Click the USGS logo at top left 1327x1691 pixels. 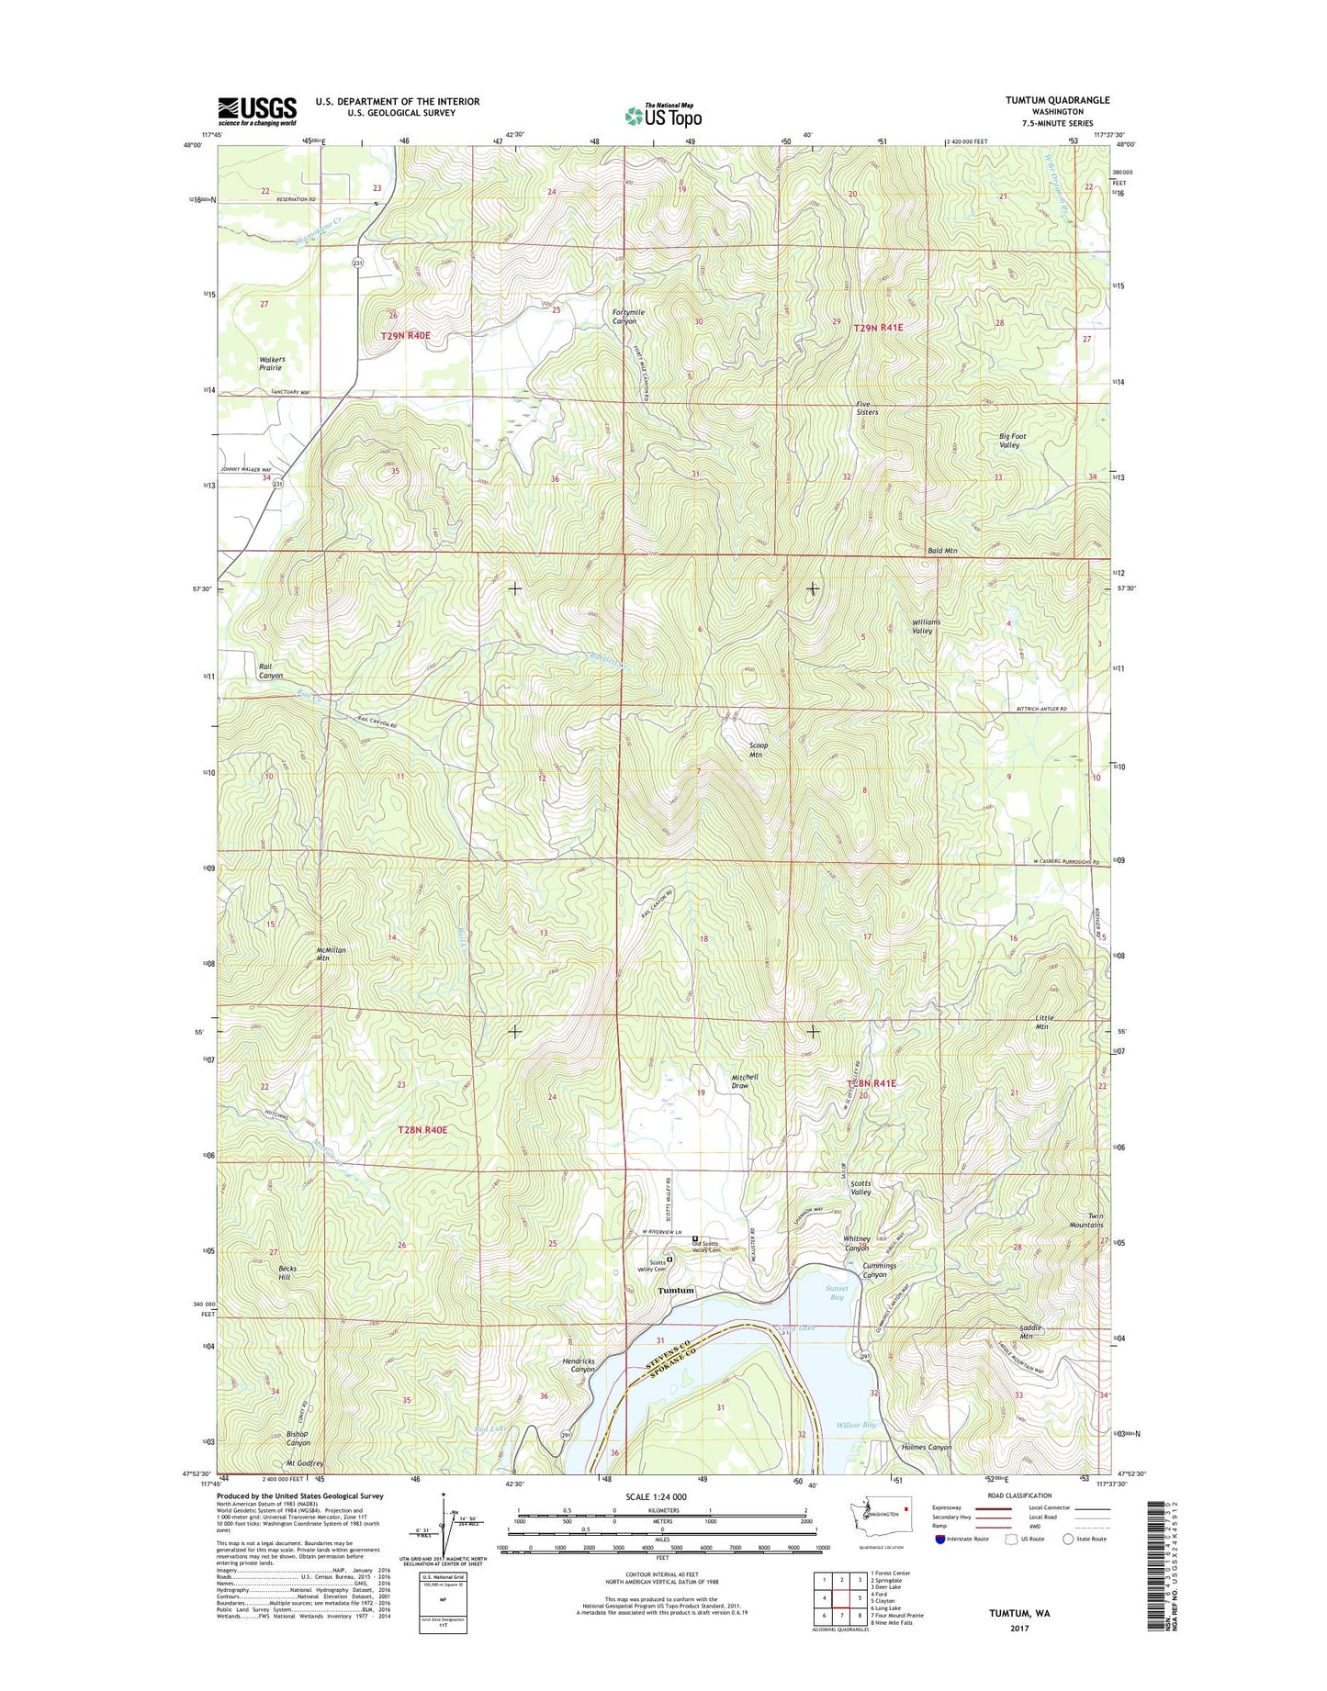257,111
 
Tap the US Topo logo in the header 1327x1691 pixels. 663,116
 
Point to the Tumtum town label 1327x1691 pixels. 675,1290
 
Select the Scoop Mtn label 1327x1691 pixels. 758,750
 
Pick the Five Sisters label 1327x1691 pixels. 867,409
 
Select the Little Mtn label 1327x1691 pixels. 1043,1022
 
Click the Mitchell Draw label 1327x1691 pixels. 745,1081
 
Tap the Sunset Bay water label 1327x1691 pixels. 836,1293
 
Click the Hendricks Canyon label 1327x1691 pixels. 579,1365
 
